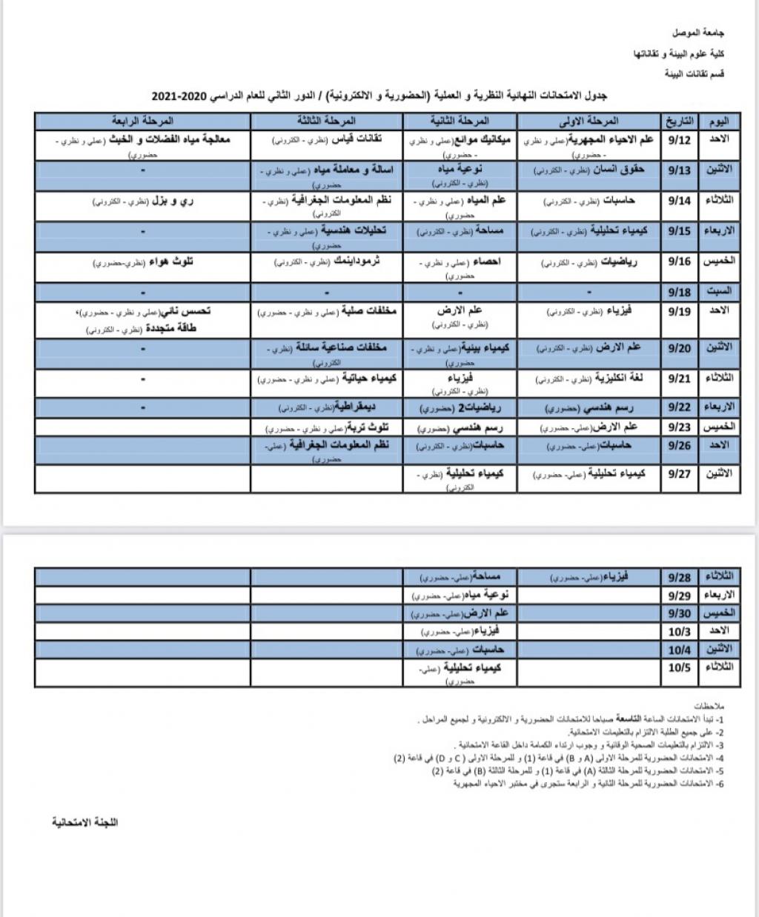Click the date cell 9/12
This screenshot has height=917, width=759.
click(x=679, y=140)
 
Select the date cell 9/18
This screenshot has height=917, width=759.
click(x=679, y=292)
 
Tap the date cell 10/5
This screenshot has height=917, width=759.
click(x=679, y=667)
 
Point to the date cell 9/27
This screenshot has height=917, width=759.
click(x=679, y=473)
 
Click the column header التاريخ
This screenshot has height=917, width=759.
click(x=679, y=120)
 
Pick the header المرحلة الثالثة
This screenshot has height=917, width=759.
click(x=326, y=120)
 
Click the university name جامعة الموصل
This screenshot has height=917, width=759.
click(x=700, y=33)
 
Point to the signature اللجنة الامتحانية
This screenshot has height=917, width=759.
click(x=84, y=822)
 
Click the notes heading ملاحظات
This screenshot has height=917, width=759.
click(x=711, y=706)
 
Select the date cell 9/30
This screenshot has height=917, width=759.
click(x=679, y=613)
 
